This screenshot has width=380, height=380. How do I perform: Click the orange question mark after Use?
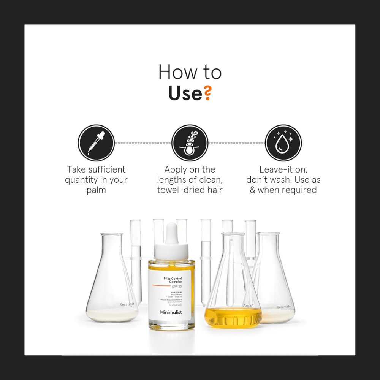(x=207, y=93)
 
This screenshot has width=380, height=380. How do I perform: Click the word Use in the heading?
(x=185, y=93)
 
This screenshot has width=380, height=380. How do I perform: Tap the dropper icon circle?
(x=96, y=143)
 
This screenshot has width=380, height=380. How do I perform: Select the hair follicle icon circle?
(x=190, y=143)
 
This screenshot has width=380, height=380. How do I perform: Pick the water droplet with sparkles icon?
(x=283, y=143)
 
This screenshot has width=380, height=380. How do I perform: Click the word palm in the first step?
(x=96, y=190)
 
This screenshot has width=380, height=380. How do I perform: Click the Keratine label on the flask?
(x=127, y=304)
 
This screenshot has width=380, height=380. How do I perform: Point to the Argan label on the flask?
(x=248, y=306)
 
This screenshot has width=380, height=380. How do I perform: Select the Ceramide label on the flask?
(x=283, y=307)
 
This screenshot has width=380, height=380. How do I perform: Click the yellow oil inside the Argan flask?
(x=233, y=317)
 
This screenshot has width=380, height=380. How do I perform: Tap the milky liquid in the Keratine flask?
(x=112, y=315)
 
